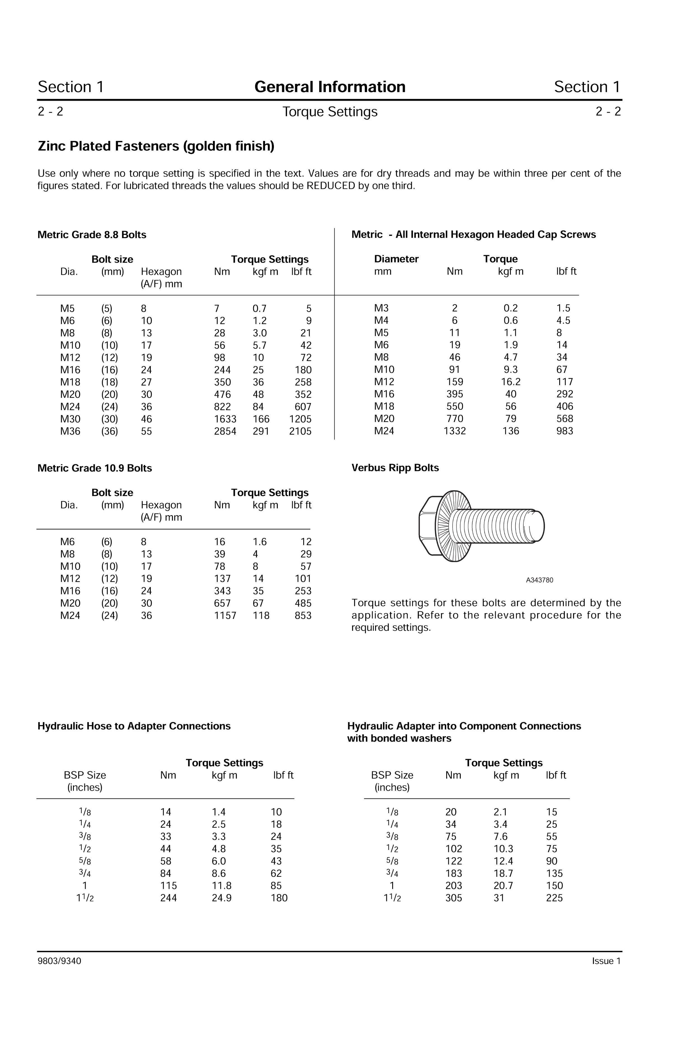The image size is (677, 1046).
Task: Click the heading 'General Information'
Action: click(x=330, y=87)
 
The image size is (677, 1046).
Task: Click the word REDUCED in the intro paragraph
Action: click(x=331, y=186)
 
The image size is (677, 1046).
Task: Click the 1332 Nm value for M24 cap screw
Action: click(x=455, y=431)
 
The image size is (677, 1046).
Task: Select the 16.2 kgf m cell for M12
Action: click(x=510, y=382)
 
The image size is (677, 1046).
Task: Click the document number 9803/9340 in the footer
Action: click(x=59, y=961)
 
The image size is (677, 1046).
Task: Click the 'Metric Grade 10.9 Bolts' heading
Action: click(x=95, y=468)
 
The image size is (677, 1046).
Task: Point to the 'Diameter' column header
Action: click(x=396, y=259)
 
